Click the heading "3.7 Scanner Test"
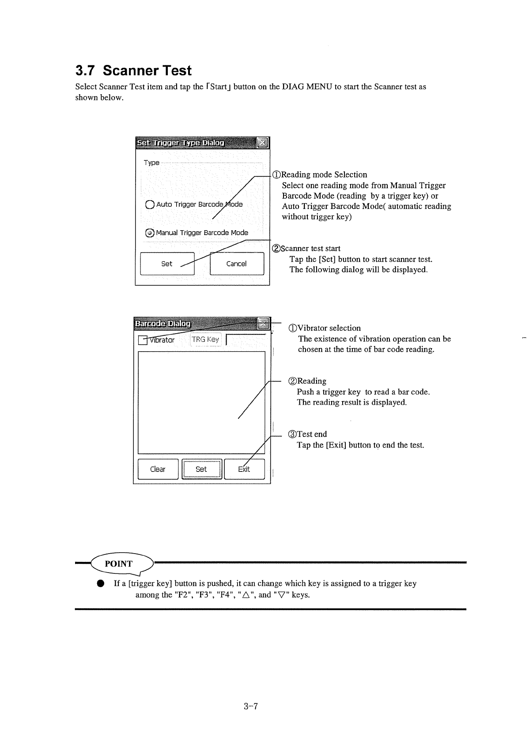133,71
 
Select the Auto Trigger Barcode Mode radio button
149,205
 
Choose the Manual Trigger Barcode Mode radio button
150,233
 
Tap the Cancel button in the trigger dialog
237,264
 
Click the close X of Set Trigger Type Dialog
262,143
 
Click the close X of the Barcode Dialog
264,323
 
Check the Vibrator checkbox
142,340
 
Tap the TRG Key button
205,340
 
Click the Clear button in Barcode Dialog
158,469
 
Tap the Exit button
244,469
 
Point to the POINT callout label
118,564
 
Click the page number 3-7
250,706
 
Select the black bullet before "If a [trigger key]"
101,584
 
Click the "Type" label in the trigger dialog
151,163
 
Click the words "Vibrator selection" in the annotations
329,328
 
